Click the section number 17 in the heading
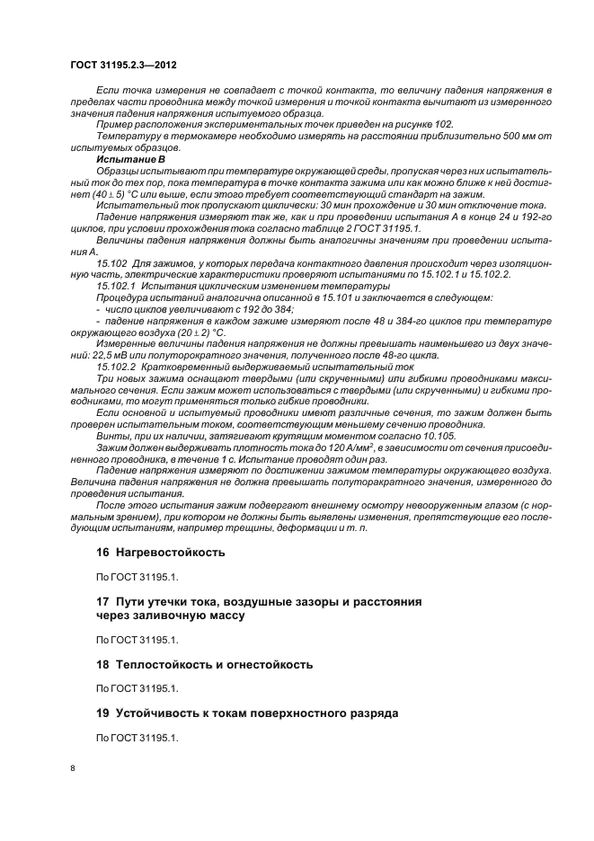[x=102, y=599]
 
